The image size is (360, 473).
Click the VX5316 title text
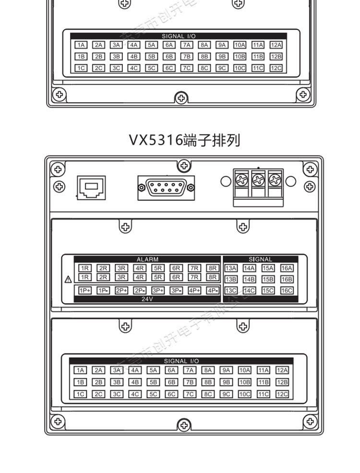click(184, 140)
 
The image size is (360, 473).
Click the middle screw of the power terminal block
click(258, 181)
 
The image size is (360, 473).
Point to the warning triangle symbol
click(68, 279)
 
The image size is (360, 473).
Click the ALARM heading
click(147, 259)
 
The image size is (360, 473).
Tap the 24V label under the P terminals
click(147, 299)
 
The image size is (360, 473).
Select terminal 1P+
click(85, 290)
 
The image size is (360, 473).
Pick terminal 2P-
click(140, 290)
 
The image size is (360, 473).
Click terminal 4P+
click(194, 290)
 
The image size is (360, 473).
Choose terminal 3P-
click(176, 290)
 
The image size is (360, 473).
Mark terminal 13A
click(231, 268)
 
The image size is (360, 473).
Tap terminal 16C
click(287, 290)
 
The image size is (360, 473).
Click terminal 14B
click(249, 279)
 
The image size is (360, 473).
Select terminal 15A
click(268, 268)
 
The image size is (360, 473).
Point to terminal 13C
click(231, 290)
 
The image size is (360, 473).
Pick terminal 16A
click(287, 268)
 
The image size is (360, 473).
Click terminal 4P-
click(213, 290)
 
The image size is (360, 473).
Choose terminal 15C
click(268, 290)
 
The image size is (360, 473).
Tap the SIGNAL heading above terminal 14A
click(260, 259)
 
